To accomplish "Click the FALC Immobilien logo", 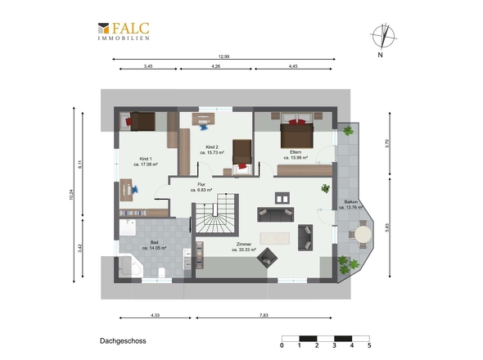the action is (124, 31).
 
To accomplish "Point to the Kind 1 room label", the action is (146, 162).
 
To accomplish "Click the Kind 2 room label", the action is (212, 150).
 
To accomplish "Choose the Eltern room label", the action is (296, 155).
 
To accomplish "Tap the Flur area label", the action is (201, 187).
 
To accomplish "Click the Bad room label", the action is (155, 245).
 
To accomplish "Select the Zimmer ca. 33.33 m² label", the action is (244, 246).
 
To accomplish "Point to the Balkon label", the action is (351, 205).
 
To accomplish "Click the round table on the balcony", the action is (363, 235).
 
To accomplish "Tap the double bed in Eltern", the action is (296, 133).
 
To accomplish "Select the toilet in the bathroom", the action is (161, 272).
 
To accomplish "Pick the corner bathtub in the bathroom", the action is (130, 265).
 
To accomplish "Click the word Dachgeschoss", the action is (123, 341).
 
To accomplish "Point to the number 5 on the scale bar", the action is (369, 345).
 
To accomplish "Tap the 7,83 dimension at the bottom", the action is (264, 315).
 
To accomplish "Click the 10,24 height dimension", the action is (71, 195).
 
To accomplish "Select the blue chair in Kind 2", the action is (204, 126).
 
